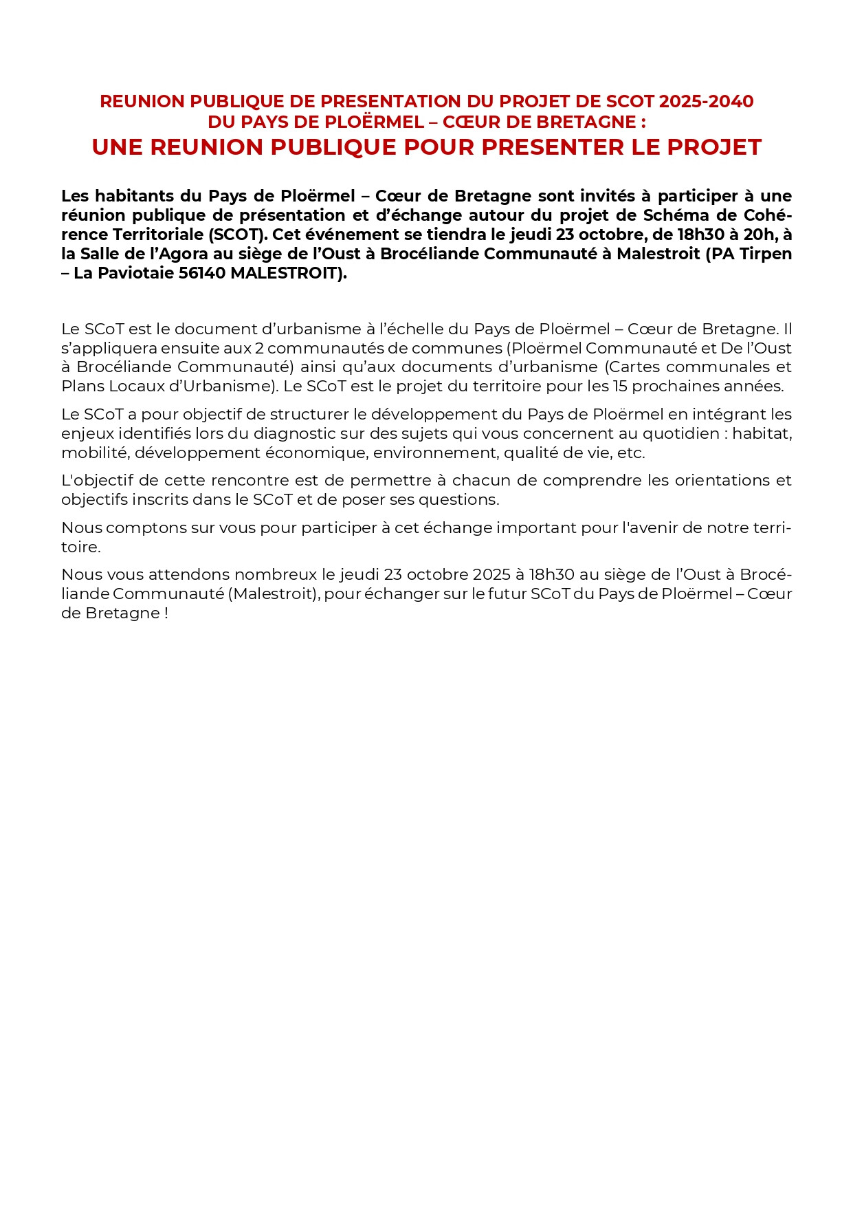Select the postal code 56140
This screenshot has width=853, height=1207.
pos(202,273)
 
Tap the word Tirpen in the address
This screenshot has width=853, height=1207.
pos(766,254)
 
